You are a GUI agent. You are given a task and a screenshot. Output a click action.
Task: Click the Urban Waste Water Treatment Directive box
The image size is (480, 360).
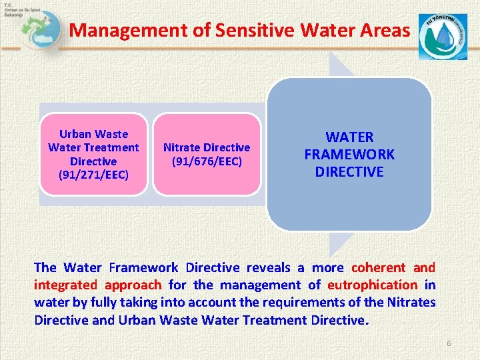point(93,154)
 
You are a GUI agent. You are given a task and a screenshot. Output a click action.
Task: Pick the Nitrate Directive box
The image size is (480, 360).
point(207,154)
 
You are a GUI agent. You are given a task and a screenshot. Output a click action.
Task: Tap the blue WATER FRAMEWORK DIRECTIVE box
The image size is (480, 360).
point(349,155)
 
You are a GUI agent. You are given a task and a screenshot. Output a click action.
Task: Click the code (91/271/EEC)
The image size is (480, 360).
point(93,175)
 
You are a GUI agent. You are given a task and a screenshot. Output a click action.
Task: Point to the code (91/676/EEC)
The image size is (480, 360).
point(207,161)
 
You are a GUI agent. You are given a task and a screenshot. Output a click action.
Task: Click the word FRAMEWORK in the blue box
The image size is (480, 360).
point(349,155)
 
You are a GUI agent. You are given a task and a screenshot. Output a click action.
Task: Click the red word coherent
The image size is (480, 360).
point(378,267)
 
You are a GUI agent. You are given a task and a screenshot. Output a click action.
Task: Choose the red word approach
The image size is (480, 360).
point(133,285)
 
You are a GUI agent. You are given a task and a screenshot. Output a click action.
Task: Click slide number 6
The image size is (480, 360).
point(449,343)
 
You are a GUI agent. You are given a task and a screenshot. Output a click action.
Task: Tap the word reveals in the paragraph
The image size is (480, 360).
point(269,267)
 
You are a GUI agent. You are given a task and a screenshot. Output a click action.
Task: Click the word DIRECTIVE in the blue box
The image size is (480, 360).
point(349,172)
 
